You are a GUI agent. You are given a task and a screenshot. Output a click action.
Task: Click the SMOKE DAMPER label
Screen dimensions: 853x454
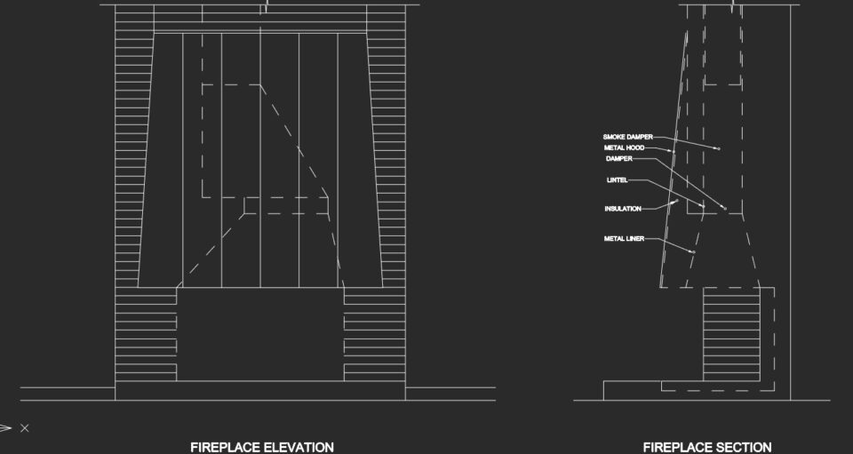(x=627, y=137)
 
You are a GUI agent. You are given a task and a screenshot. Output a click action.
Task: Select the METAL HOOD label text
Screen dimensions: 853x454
(x=624, y=147)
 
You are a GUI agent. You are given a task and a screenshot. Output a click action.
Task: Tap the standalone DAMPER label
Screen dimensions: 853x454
(x=619, y=159)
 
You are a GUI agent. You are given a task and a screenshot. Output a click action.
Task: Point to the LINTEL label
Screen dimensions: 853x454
(x=617, y=180)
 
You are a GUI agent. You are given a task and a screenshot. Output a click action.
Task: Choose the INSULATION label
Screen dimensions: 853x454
(x=623, y=209)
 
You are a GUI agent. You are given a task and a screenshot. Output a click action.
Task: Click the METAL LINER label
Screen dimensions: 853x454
(x=624, y=239)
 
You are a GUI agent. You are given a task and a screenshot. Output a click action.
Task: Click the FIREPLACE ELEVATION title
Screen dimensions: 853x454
(x=261, y=448)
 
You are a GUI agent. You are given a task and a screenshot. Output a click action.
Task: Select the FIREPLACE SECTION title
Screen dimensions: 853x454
(x=707, y=448)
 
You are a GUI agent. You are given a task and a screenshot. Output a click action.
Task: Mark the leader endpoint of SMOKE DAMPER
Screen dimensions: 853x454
(x=719, y=148)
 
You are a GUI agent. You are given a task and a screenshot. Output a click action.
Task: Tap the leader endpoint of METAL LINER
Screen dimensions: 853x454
(x=694, y=251)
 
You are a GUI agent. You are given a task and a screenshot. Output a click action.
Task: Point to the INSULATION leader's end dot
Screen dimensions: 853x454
(x=676, y=201)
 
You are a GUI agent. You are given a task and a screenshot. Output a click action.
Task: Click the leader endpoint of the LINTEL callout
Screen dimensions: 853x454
(x=704, y=206)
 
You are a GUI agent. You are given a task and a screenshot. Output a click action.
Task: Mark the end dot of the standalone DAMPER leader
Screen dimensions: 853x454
(x=725, y=208)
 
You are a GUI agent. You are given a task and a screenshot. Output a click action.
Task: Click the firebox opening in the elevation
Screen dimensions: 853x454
(x=260, y=334)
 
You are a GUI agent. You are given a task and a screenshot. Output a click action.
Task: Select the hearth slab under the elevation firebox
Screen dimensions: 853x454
(x=260, y=390)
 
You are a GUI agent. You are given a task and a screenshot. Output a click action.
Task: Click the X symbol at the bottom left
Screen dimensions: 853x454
(x=25, y=428)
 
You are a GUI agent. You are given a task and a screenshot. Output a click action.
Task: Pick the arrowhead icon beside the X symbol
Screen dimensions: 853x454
(x=5, y=428)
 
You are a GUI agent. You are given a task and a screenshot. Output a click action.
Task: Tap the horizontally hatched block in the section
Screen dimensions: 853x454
(x=731, y=334)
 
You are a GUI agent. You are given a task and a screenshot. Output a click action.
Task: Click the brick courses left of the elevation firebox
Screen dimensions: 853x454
(x=146, y=334)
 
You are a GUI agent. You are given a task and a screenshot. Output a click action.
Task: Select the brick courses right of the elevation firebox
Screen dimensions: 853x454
(x=374, y=334)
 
